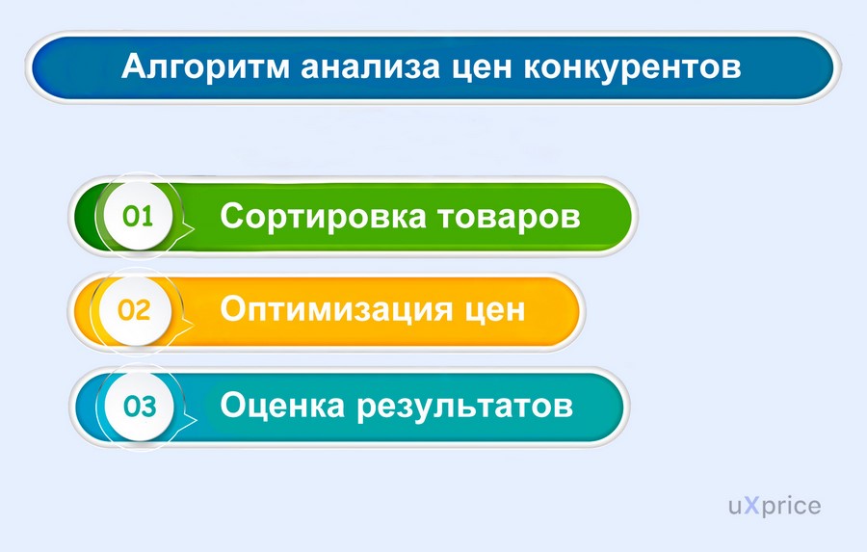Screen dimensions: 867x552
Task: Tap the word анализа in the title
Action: pos(371,66)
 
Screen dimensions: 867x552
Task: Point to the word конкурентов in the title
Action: pos(632,66)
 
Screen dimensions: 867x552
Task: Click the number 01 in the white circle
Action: pos(138,216)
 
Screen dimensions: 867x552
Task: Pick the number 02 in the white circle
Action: pos(134,310)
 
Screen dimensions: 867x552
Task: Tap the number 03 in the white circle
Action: pos(140,407)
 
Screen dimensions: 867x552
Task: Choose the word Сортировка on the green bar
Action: pos(323,217)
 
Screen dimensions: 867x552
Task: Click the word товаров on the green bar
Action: pos(510,217)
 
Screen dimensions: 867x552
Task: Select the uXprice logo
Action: pos(775,506)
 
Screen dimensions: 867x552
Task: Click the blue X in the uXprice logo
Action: pos(750,505)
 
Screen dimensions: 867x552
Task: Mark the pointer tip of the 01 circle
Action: pos(194,228)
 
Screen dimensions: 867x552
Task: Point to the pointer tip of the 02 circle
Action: pos(193,324)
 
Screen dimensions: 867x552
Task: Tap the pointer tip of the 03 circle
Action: pos(197,420)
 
